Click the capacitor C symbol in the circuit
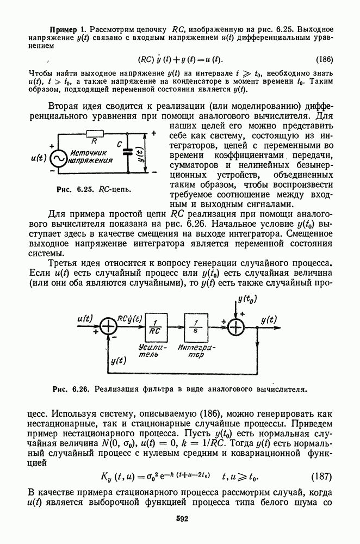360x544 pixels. pyautogui.click(x=128, y=152)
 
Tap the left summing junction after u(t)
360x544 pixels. pyautogui.click(x=110, y=326)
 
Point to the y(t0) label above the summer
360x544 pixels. pyautogui.click(x=248, y=300)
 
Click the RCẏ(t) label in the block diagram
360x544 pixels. pyautogui.click(x=132, y=319)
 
